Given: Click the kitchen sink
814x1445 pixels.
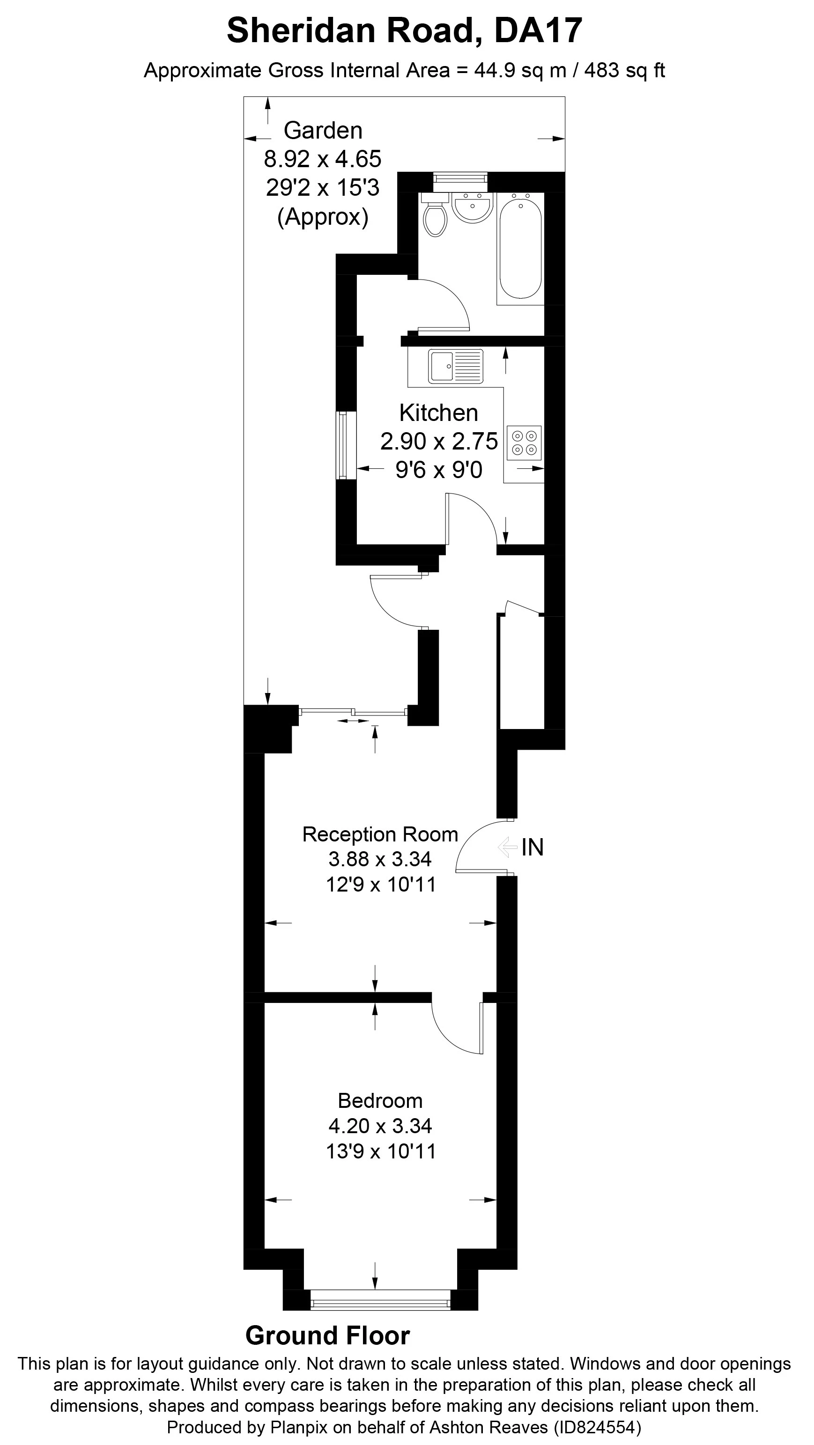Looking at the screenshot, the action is point(456,366).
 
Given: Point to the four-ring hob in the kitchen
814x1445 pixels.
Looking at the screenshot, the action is point(524,443).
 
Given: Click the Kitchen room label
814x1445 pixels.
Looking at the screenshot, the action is point(439,413).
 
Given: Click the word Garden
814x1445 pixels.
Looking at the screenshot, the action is point(323,130).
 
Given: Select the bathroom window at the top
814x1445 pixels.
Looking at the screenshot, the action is point(460,178).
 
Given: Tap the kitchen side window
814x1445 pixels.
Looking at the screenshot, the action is point(346,445).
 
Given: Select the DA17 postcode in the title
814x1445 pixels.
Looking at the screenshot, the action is point(538,30).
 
